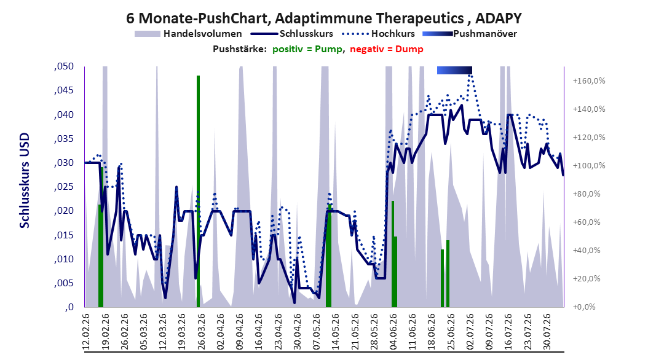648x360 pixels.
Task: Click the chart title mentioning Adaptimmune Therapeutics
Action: tap(323, 18)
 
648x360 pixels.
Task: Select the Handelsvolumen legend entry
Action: tap(188, 34)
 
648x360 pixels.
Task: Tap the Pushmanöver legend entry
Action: tap(470, 34)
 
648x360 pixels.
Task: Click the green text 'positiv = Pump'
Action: tap(307, 49)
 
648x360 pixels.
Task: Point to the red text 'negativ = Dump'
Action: tap(387, 49)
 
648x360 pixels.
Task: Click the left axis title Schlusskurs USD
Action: tap(25, 180)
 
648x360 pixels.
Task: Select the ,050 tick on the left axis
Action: tap(64, 66)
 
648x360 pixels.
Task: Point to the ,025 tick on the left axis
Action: tap(64, 187)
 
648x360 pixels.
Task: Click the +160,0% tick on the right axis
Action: tap(589, 81)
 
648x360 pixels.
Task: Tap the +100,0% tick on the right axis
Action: tap(589, 165)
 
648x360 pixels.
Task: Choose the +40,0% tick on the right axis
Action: tap(587, 250)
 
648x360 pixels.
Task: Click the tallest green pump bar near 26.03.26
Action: tap(198, 191)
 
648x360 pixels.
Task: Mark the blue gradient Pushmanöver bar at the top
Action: tap(454, 70)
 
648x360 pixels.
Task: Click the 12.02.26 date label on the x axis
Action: tap(86, 331)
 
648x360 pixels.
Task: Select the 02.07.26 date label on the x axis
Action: tap(470, 331)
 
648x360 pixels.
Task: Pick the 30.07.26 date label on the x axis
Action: tap(547, 331)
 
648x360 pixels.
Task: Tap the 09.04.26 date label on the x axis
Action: tap(240, 331)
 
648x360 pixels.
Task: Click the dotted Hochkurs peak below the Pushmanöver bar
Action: tap(470, 75)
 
